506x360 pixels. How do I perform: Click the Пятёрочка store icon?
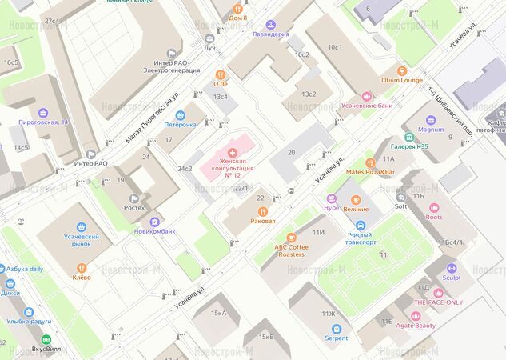(x=181, y=114)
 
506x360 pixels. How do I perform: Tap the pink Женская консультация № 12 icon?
(x=233, y=152)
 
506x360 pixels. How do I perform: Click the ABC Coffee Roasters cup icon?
(x=290, y=237)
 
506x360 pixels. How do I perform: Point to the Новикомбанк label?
(x=154, y=231)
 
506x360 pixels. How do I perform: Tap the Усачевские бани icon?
(x=368, y=96)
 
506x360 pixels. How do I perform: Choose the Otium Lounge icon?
(x=401, y=70)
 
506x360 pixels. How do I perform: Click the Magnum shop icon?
(x=430, y=120)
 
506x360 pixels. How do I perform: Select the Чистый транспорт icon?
(x=360, y=225)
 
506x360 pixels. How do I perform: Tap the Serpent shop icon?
(x=336, y=328)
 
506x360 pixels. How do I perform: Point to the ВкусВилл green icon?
(x=46, y=340)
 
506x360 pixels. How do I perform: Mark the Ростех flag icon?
(x=135, y=198)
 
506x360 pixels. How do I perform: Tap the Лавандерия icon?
(x=270, y=25)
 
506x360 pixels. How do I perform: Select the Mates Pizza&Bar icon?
(x=370, y=162)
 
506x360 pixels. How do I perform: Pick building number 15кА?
(x=218, y=313)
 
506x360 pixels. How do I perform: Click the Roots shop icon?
(x=434, y=207)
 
